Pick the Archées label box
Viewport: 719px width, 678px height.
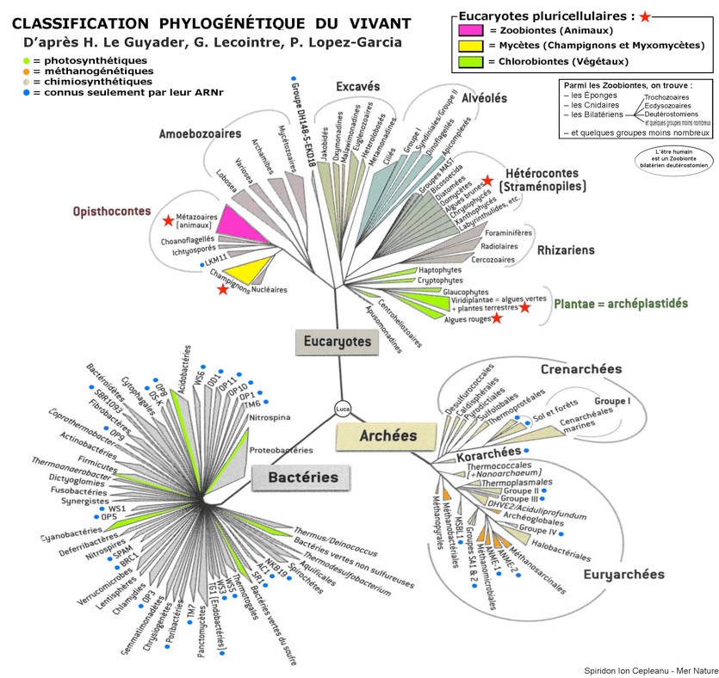tap(381, 436)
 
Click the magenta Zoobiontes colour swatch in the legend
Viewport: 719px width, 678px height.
tap(468, 30)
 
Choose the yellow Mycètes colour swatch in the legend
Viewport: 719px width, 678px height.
tap(468, 46)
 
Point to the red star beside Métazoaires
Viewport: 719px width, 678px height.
tap(168, 221)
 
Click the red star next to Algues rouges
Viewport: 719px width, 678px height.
tap(497, 318)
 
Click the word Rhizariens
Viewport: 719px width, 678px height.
tap(567, 250)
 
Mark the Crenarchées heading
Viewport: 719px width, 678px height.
tap(581, 369)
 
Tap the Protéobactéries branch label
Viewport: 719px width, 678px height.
tap(280, 450)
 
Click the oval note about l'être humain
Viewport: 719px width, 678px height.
tap(673, 158)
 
